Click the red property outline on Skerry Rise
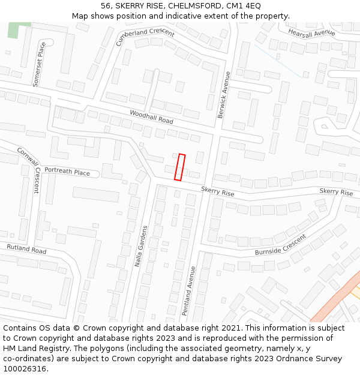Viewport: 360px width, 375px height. click(x=179, y=167)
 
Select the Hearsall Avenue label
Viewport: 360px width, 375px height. click(x=311, y=32)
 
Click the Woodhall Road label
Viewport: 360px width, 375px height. click(x=151, y=118)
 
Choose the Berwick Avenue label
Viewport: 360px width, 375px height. click(x=224, y=95)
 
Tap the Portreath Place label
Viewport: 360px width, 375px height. click(x=67, y=172)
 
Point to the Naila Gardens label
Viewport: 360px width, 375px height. click(x=140, y=247)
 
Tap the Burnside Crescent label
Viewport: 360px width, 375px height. click(x=280, y=244)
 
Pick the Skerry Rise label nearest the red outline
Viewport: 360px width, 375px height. click(x=217, y=192)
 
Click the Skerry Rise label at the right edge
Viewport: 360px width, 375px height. click(x=336, y=192)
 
